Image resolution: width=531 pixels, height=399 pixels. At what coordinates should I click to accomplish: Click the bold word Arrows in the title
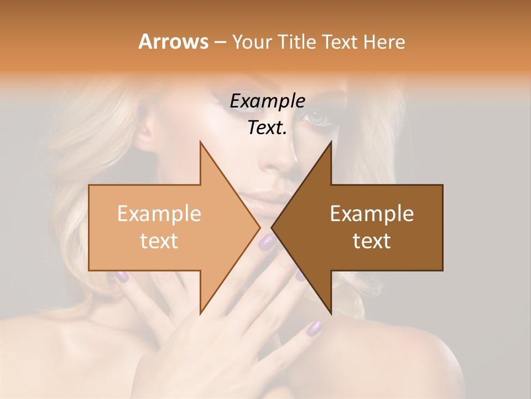[173, 42]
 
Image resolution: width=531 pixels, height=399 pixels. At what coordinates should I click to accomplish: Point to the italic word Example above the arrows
[267, 101]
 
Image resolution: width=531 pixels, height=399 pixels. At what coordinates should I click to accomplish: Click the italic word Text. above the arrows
[267, 127]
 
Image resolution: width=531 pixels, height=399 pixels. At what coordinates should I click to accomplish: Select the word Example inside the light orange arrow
[159, 214]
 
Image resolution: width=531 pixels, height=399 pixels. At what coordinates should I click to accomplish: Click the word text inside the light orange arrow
[159, 241]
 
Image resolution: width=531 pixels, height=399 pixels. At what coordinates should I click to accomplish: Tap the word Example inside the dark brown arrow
[372, 214]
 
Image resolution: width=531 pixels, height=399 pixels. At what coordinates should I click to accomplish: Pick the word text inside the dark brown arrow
[372, 241]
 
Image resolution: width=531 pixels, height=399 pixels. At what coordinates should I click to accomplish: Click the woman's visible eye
[320, 118]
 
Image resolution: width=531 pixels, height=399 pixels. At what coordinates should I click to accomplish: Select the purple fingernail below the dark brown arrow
[313, 328]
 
